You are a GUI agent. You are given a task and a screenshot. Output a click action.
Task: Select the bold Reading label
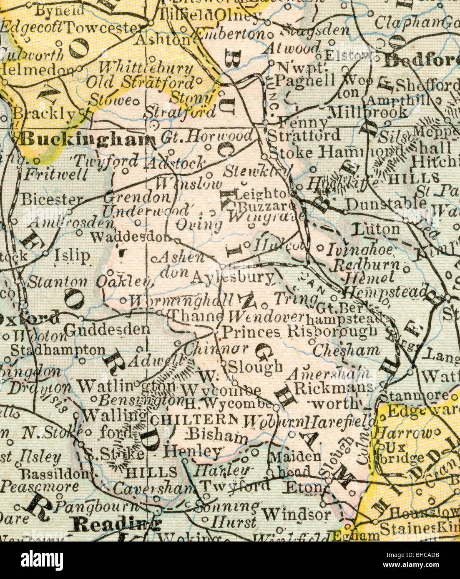(116, 524)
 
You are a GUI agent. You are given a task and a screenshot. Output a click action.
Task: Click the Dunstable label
(386, 204)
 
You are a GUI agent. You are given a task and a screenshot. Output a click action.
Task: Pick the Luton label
(376, 229)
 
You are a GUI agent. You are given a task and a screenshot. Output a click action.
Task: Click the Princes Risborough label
(299, 332)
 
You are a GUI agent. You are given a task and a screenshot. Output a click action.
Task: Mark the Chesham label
(346, 351)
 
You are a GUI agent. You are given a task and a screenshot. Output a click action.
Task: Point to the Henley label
(192, 451)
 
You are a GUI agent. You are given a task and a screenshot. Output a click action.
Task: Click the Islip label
(72, 255)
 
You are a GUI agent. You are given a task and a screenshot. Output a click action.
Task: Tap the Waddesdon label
(130, 237)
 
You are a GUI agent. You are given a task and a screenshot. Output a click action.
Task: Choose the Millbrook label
(367, 112)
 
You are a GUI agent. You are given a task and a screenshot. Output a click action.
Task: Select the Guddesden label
(108, 329)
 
